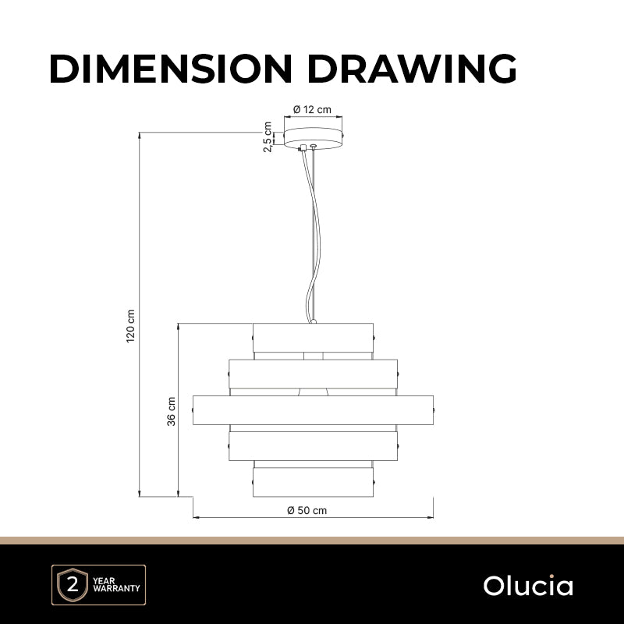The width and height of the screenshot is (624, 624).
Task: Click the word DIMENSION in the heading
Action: click(171, 68)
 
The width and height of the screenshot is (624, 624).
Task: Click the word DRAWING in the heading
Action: click(413, 68)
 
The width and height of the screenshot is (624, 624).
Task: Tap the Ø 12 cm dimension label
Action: click(313, 109)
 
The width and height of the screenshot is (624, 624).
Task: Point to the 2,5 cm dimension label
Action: click(268, 137)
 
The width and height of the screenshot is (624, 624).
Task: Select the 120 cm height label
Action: click(130, 326)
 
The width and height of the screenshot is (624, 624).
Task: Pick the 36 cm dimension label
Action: click(171, 412)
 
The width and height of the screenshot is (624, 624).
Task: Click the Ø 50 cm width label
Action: click(307, 510)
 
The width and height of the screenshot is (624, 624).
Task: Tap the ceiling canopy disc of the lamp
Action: click(314, 139)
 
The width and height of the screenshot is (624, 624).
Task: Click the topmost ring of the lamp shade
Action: click(314, 338)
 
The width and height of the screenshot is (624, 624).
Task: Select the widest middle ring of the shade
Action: click(314, 410)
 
